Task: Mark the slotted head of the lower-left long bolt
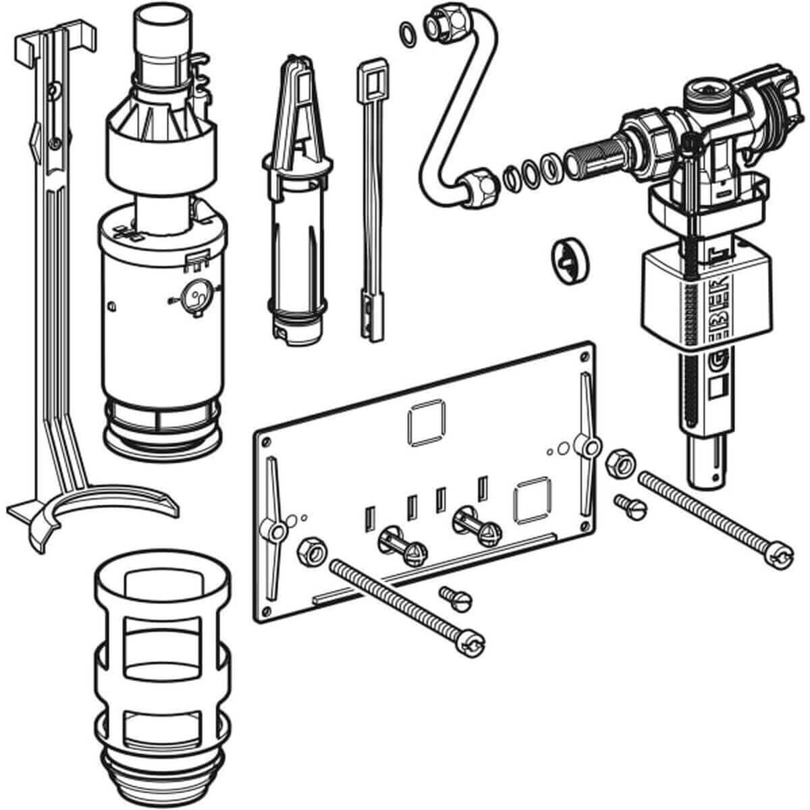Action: coord(470,641)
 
